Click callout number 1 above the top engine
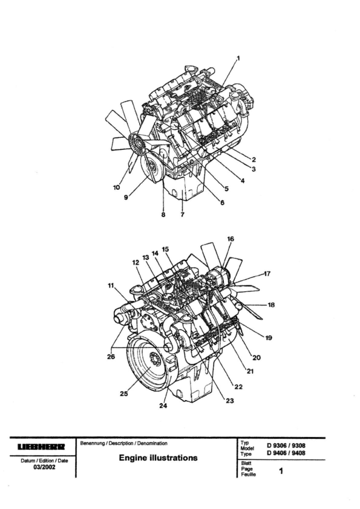(x=238, y=59)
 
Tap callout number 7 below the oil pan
(x=183, y=215)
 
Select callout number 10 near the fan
(x=116, y=187)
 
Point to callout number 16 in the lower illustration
(x=231, y=239)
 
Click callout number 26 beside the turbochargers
(x=111, y=357)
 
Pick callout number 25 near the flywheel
(x=124, y=394)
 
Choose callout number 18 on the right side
(x=271, y=305)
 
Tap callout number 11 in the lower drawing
(x=111, y=285)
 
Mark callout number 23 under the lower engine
(x=230, y=401)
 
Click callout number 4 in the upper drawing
(x=243, y=181)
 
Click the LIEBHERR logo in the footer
(x=41, y=447)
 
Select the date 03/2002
(x=44, y=467)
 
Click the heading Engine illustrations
(x=158, y=458)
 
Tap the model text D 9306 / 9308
(x=286, y=446)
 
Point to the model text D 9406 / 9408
(x=286, y=453)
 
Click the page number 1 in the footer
(x=281, y=471)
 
